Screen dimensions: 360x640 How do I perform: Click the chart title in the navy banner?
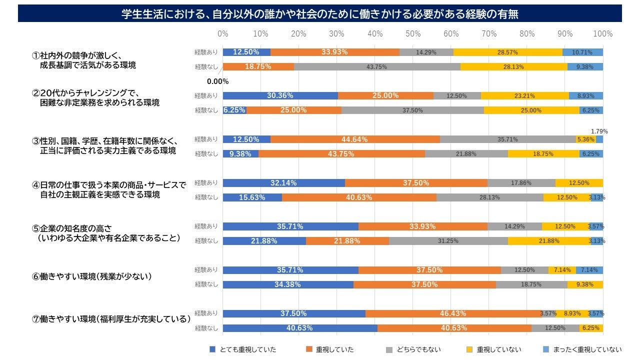point(320,14)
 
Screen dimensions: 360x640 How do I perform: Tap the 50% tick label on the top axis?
point(413,34)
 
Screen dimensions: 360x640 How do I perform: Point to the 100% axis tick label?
point(602,34)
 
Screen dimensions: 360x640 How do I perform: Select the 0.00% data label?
point(218,81)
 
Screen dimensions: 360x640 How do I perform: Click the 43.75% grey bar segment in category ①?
point(376,66)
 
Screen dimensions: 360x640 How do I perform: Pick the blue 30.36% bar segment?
point(280,95)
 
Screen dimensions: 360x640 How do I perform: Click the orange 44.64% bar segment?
point(355,139)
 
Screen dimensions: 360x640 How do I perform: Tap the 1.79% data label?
point(599,131)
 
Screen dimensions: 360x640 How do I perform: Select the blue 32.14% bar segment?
point(283,183)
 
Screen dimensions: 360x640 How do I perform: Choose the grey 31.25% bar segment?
point(448,241)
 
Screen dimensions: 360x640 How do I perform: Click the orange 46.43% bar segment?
point(452,313)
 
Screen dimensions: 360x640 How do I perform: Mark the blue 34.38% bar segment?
point(287,284)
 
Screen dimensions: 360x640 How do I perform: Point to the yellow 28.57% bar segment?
point(507,52)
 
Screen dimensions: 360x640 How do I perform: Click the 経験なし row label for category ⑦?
point(206,328)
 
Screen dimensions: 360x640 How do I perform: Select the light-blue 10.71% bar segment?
point(582,52)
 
